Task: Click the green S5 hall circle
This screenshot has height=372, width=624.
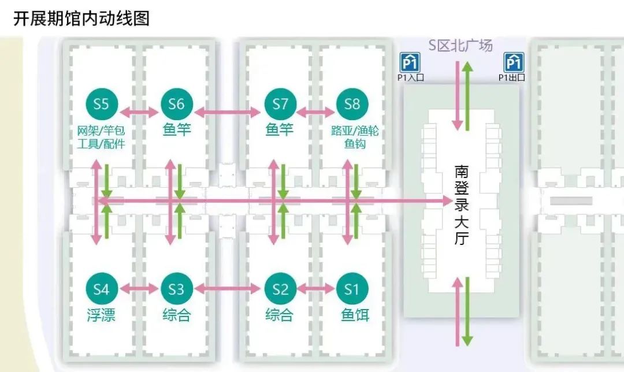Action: [x=101, y=104]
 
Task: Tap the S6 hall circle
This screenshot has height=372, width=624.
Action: [x=176, y=104]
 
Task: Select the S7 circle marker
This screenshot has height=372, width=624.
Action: [x=280, y=104]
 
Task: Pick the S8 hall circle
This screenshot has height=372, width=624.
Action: [x=352, y=104]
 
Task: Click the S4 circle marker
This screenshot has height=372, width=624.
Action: [x=101, y=288]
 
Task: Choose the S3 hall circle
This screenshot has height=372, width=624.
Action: [x=176, y=288]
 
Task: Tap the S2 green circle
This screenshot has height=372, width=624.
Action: [x=280, y=288]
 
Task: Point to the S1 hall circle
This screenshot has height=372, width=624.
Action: [x=352, y=288]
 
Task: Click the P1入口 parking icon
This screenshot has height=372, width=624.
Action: [x=410, y=61]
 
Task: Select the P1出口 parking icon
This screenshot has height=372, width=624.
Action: [x=513, y=61]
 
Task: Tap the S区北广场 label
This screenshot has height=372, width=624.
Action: [x=460, y=44]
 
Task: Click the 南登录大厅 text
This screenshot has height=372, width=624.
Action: [x=460, y=204]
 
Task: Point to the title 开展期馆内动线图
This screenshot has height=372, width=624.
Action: [x=81, y=18]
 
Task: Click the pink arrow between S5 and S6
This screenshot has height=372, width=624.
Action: [x=139, y=111]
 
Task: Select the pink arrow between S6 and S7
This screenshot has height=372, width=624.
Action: [x=228, y=111]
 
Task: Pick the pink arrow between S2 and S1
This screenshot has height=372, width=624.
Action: [x=316, y=288]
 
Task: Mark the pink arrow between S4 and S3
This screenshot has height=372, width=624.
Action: [x=139, y=288]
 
